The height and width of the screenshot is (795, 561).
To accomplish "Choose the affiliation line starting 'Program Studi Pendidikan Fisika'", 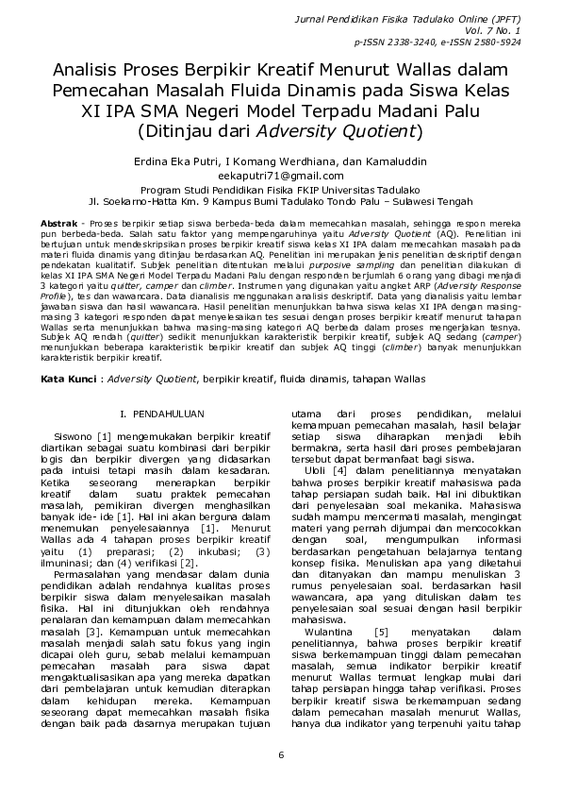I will [x=280, y=189].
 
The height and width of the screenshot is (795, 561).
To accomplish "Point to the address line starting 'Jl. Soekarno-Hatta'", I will [x=280, y=201].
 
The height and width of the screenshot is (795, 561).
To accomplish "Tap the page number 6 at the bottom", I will [x=280, y=754].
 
